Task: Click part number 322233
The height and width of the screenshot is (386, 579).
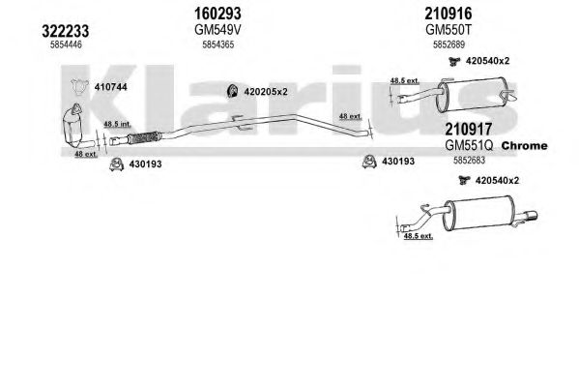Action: (66, 31)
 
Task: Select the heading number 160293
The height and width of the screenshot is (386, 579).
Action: (217, 14)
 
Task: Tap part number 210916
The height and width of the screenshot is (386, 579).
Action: (449, 14)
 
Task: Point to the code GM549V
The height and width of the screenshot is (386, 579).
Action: (217, 30)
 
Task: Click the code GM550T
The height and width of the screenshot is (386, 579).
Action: (449, 30)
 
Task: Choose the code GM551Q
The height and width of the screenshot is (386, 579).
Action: (469, 145)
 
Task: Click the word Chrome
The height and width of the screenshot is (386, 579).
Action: (524, 146)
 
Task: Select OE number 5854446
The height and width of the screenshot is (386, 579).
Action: (66, 45)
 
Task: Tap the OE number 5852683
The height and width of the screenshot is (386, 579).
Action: (469, 160)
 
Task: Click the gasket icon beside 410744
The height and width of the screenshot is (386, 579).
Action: (80, 87)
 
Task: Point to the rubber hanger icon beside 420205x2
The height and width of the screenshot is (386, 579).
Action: (233, 91)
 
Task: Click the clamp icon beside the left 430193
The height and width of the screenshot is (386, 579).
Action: (117, 164)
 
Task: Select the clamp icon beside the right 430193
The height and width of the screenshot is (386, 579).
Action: (369, 162)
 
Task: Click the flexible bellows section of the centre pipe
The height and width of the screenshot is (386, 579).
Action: (145, 137)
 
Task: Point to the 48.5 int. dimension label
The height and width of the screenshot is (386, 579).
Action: (117, 124)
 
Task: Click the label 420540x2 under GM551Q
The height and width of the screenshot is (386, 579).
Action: (497, 181)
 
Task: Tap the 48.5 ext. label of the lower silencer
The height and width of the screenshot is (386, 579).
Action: (419, 235)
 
